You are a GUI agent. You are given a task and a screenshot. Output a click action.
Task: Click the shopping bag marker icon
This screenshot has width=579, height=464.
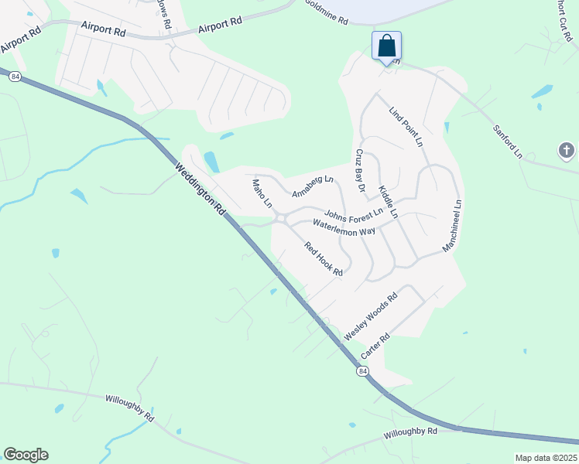387,46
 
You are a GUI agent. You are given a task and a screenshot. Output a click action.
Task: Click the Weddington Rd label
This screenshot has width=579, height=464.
200,189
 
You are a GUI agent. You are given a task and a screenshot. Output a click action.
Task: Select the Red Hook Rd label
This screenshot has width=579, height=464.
324,259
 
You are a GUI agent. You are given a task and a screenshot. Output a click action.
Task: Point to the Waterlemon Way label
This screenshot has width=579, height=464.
344,227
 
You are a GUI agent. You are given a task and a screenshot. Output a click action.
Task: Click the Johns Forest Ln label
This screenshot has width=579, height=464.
354,214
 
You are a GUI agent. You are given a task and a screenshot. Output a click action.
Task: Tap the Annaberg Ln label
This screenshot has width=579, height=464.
313,186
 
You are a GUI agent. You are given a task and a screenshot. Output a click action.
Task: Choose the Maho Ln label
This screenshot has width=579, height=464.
262,194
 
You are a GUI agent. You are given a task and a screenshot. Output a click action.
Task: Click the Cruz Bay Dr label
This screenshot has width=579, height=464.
360,171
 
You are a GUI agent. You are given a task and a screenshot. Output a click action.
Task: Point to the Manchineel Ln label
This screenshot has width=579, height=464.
452,226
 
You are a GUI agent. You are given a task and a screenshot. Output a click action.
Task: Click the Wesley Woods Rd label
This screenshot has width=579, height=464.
371,316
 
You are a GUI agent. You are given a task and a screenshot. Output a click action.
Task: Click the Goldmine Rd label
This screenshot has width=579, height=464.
326,13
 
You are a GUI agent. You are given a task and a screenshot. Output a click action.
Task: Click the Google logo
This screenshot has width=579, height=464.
26,455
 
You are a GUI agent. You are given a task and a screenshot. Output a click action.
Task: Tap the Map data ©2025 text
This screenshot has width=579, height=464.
546,458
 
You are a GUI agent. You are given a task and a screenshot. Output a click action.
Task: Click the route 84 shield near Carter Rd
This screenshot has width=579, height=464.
362,372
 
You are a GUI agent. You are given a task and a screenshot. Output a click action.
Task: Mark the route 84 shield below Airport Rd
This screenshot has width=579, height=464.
15,77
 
